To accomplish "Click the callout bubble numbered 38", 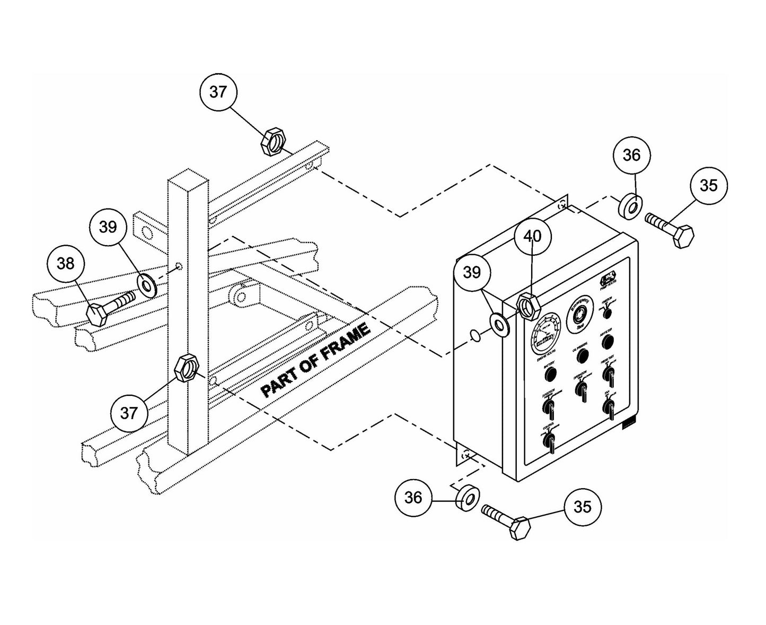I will click(66, 263).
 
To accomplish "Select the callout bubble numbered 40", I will click(533, 236).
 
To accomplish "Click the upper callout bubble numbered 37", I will click(218, 92).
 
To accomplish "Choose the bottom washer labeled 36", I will click(466, 497).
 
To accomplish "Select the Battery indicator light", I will click(550, 375).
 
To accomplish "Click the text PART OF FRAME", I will click(316, 361).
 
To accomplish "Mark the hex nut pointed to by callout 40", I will click(528, 307).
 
